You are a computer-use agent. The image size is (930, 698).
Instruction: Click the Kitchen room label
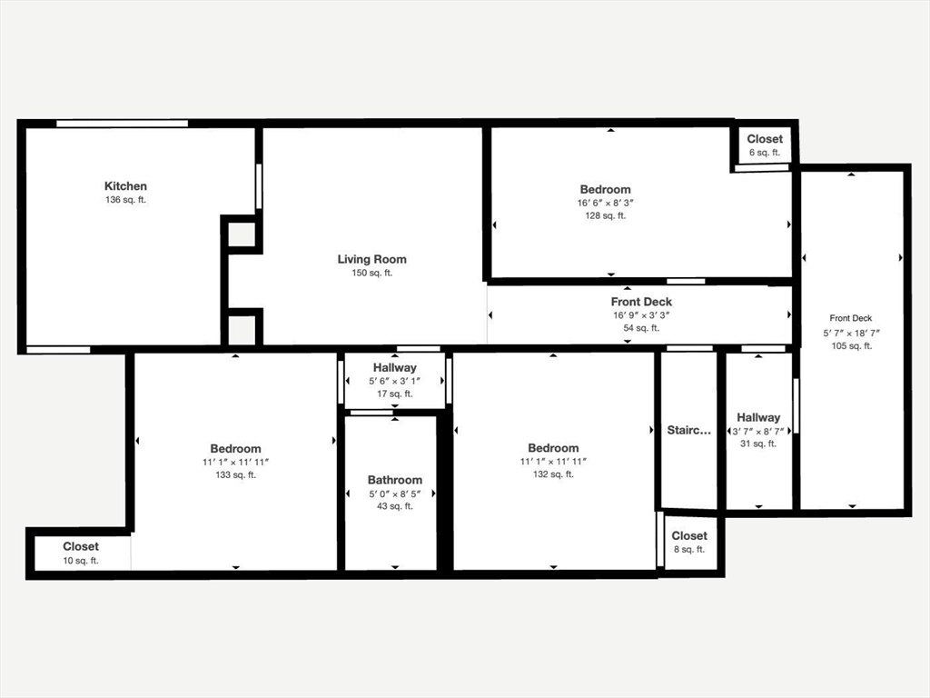(x=125, y=186)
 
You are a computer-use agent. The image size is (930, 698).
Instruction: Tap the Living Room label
(x=372, y=259)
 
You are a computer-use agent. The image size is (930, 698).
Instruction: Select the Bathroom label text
(x=395, y=480)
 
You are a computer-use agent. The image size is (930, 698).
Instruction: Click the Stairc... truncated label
(x=689, y=430)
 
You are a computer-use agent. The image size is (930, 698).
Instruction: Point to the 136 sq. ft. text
(x=125, y=200)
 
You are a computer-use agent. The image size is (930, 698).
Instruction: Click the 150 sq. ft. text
(x=372, y=273)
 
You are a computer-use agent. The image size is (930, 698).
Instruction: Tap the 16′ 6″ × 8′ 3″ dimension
(x=605, y=203)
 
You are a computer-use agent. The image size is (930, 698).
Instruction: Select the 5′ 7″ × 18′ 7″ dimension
(x=851, y=333)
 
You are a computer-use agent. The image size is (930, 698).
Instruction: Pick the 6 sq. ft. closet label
(x=764, y=153)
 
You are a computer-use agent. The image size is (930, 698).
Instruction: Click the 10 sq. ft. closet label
(x=81, y=561)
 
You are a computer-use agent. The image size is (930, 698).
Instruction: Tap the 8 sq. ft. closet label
(x=689, y=549)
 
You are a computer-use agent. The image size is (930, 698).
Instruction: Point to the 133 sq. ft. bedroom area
(x=235, y=474)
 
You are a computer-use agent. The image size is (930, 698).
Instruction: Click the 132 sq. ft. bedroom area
(x=553, y=474)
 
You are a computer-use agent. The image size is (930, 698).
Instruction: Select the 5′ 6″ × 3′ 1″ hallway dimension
(x=394, y=381)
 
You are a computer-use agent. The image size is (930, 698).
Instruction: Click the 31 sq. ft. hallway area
(x=758, y=444)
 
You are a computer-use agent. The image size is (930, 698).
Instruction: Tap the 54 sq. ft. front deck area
(x=641, y=328)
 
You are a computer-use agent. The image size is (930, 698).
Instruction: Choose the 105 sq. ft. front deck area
(x=851, y=345)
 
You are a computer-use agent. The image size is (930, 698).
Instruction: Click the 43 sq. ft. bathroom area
(x=395, y=506)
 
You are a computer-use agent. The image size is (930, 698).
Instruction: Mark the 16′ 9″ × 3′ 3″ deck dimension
(x=641, y=315)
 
